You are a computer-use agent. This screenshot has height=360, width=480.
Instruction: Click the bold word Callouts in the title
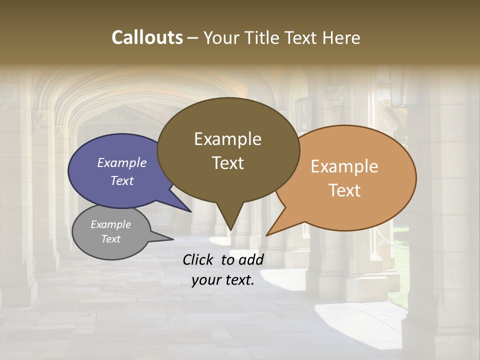[x=147, y=37]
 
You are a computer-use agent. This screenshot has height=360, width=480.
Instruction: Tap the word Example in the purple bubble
[x=121, y=162]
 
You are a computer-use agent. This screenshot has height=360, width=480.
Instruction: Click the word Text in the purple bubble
[x=121, y=180]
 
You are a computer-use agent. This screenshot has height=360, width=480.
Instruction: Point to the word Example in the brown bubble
[x=227, y=139]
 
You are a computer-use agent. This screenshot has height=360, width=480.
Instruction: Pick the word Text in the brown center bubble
[x=227, y=163]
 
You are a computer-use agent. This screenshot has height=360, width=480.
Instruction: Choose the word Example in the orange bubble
[x=344, y=166]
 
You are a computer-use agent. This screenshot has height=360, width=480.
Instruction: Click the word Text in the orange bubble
[x=344, y=190]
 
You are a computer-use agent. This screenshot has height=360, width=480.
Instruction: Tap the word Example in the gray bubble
[x=110, y=224]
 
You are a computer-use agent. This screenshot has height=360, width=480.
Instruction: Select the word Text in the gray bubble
[x=110, y=239]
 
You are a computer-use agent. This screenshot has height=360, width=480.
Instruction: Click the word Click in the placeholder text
[x=199, y=259]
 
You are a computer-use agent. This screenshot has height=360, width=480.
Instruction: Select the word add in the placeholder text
[x=251, y=259]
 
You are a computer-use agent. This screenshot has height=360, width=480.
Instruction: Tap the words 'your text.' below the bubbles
[x=223, y=280]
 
